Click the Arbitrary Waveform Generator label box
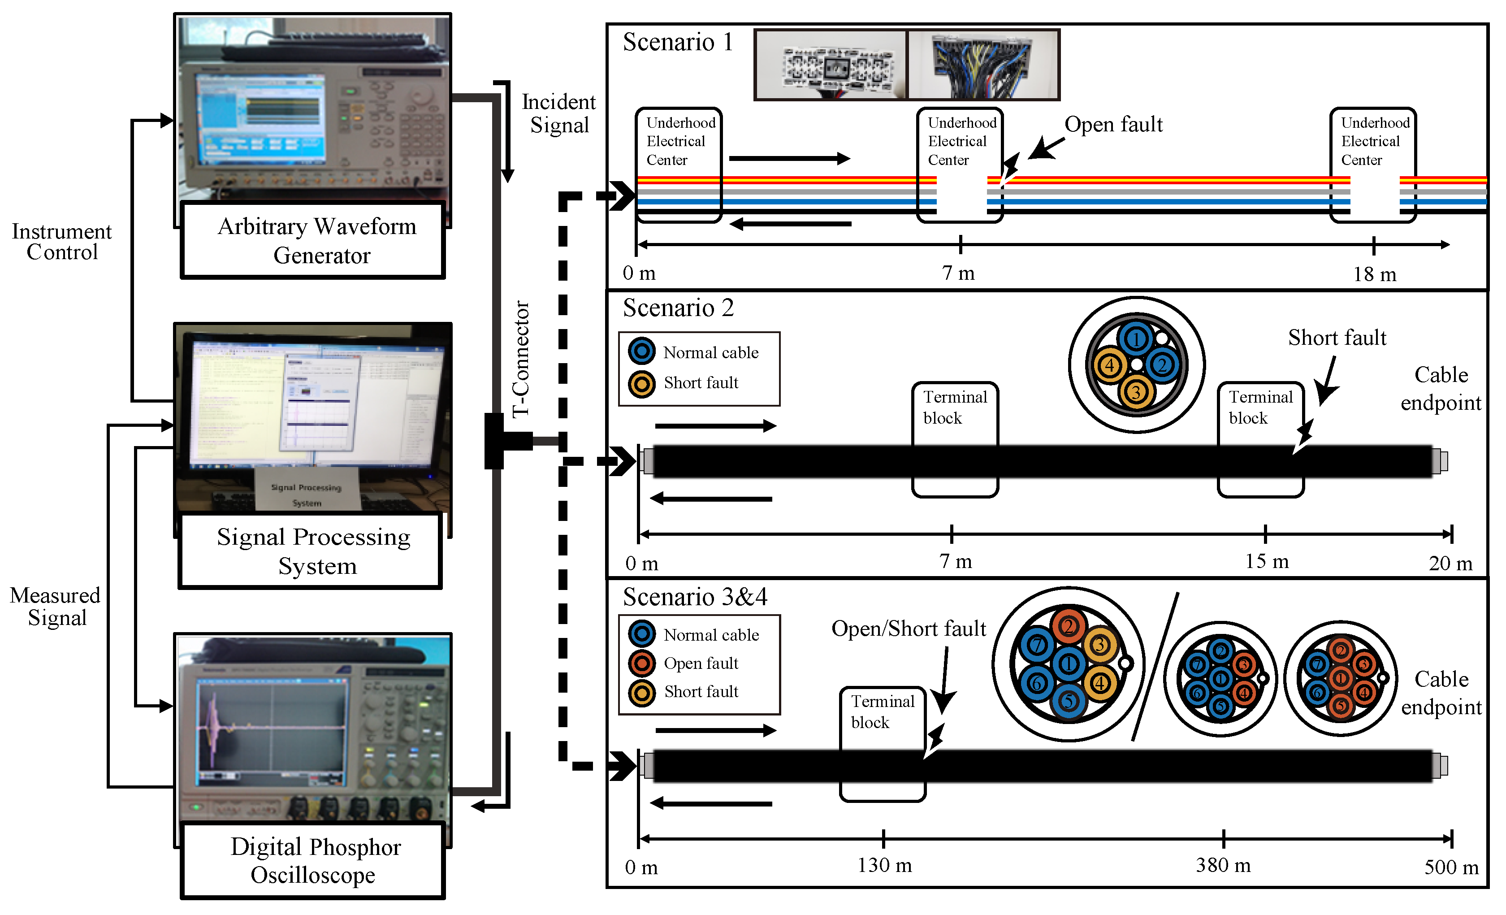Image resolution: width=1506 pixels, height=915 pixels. coord(313,240)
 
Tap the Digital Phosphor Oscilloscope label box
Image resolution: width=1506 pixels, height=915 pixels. coord(313,861)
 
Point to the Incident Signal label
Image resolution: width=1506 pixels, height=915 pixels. coord(558,114)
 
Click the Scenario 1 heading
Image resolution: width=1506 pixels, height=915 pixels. coord(677,43)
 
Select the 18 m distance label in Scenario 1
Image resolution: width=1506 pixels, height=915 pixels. coord(1374,274)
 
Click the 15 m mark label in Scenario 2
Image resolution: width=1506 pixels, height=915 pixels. coord(1266,561)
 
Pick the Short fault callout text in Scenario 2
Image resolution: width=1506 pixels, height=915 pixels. coord(1337,338)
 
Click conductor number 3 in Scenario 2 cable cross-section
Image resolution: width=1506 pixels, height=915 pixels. coord(1136,392)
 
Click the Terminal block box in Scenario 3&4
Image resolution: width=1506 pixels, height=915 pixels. coord(882,712)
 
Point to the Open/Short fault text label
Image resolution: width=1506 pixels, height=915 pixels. coord(908,629)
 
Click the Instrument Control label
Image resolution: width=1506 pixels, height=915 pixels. coord(62,242)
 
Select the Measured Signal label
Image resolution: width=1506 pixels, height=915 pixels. coord(55,606)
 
